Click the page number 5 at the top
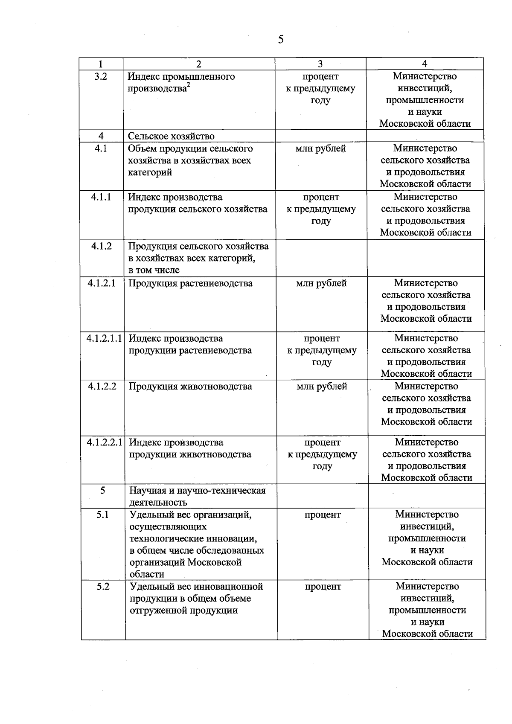tap(280, 40)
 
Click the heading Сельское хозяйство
tap(171, 136)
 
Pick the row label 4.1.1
tap(101, 197)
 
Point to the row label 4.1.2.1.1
tap(104, 338)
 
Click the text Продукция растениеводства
tap(191, 283)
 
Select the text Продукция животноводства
tap(190, 387)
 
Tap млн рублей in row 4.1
tap(320, 148)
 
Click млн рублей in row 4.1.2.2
tap(322, 387)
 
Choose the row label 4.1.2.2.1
tap(105, 442)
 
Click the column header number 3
tap(320, 64)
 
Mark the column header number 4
tap(424, 64)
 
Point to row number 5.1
tap(102, 515)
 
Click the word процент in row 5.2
tap(323, 587)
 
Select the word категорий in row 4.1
tap(150, 172)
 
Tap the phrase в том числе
tap(154, 270)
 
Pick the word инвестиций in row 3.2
tap(425, 88)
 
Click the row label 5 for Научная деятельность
tap(102, 490)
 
